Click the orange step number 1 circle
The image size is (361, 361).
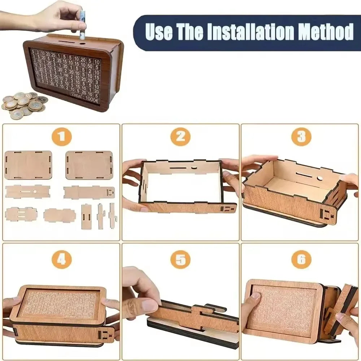click(x=61, y=136)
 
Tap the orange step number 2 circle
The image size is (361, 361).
click(x=180, y=136)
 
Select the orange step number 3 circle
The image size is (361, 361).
click(x=301, y=136)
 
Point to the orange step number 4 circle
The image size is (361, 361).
click(x=61, y=259)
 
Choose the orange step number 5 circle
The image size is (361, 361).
click(x=180, y=259)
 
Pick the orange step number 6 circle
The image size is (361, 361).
click(x=301, y=259)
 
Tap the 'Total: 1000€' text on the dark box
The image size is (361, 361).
click(x=84, y=97)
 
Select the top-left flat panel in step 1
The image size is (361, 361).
click(x=28, y=165)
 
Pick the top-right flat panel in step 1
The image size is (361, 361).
click(x=89, y=165)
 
